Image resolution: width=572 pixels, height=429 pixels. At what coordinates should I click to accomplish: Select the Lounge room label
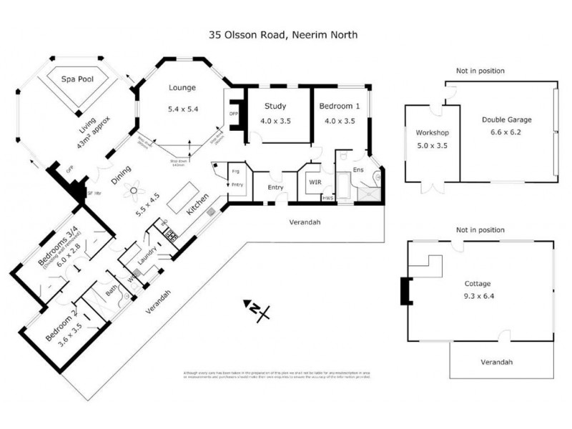point(182,88)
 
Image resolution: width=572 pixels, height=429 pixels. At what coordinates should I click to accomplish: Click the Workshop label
point(431,132)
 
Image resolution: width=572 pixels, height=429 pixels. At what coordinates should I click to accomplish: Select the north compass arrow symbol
point(255,309)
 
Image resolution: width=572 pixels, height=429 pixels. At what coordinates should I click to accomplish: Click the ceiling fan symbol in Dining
point(133,190)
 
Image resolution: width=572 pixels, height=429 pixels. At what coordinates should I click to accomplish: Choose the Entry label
point(275,187)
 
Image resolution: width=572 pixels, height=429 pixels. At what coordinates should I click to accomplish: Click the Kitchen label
point(197,206)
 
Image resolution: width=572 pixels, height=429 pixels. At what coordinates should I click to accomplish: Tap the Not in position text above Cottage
point(480,230)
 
